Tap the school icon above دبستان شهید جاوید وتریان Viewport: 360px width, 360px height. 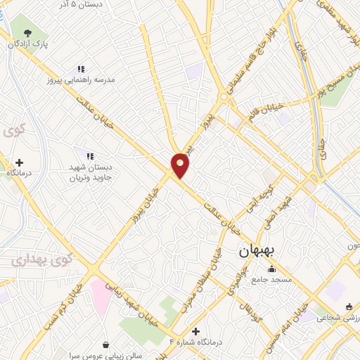[x=89, y=155]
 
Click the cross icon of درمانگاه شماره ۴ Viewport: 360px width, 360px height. [x=195, y=331]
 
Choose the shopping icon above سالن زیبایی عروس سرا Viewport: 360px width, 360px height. [x=105, y=345]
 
